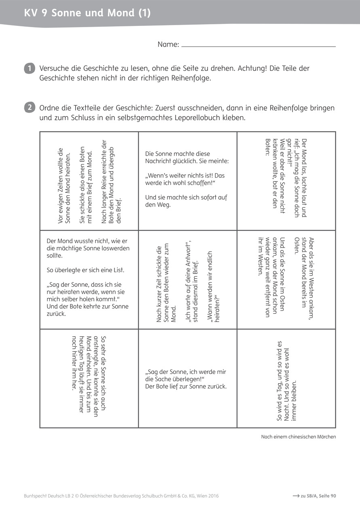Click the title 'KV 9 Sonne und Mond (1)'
coord(87,13)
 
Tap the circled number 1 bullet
coord(29,68)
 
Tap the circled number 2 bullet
coord(29,108)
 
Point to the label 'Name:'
coord(168,45)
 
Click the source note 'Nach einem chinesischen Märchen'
coord(299,437)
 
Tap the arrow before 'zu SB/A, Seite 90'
coord(295,496)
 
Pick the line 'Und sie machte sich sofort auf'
coord(186,198)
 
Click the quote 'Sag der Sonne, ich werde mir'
coord(186,372)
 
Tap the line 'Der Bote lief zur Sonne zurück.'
coord(186,386)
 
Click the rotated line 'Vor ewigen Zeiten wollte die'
coord(61,185)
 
